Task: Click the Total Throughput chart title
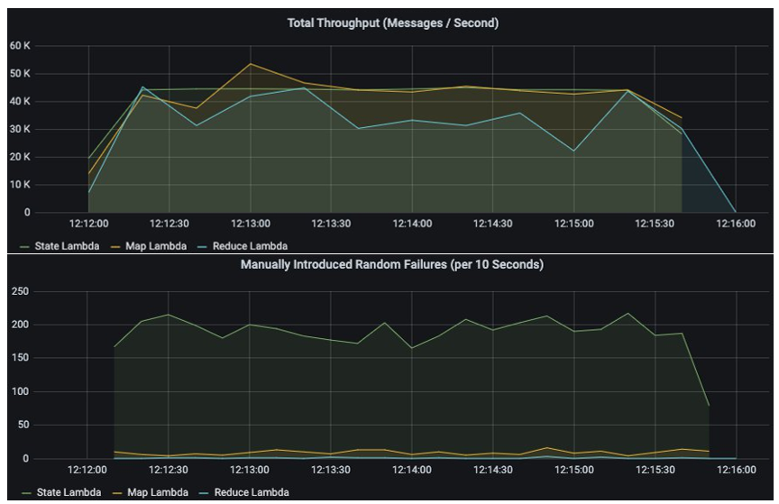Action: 392,23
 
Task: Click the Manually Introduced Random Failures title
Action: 392,264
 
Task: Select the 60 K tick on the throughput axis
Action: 20,45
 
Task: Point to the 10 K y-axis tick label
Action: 20,185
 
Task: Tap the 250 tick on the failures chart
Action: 18,291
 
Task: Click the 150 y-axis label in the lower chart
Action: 18,358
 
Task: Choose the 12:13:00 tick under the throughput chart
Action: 250,224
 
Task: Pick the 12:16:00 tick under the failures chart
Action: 736,470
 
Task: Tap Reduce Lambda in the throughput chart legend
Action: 250,245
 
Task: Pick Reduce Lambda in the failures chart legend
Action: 250,491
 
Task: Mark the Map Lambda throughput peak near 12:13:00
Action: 250,63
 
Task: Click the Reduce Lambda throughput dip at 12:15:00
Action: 574,151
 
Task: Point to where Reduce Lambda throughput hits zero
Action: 736,212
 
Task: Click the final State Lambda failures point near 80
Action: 709,406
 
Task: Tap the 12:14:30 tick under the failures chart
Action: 493,470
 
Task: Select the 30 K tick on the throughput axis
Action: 20,129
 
